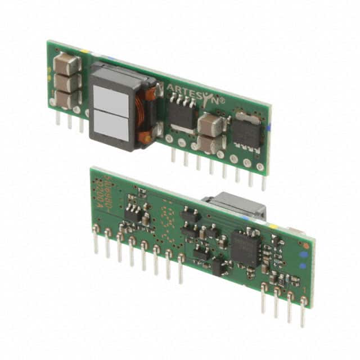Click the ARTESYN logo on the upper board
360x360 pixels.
click(195, 94)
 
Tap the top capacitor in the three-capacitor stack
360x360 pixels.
click(66, 65)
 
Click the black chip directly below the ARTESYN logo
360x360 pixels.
click(182, 115)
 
